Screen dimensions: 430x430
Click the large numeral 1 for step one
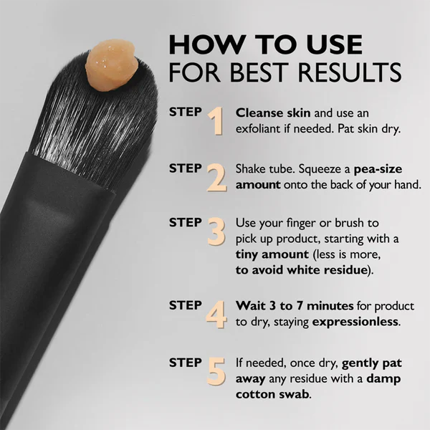click(216, 123)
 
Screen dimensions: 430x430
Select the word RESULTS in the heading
click(356, 73)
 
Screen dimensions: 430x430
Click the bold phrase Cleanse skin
click(270, 113)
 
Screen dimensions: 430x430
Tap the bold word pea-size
click(388, 170)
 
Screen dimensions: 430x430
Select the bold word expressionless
click(355, 322)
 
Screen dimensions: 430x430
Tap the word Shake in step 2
click(252, 170)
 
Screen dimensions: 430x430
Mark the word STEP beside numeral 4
click(185, 305)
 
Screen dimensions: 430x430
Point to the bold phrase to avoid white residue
click(302, 271)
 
